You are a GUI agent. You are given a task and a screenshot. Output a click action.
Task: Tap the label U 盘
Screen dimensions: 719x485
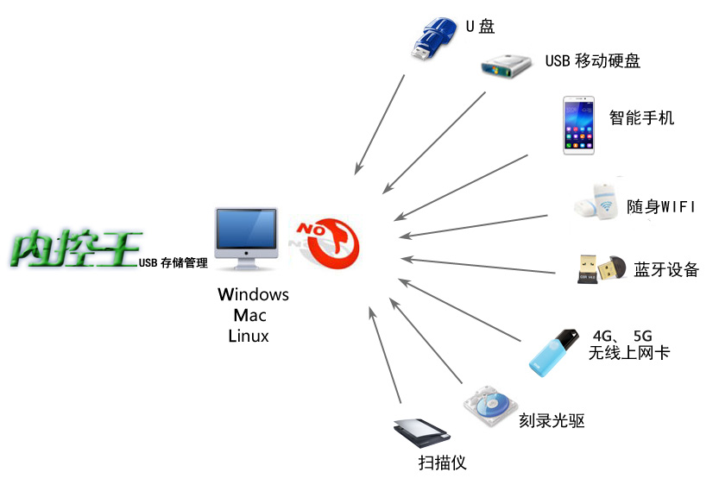pos(480,27)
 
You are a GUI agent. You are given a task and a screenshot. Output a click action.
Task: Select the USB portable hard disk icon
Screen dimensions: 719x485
pos(506,66)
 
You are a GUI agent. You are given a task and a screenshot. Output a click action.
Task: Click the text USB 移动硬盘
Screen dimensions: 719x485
pos(592,60)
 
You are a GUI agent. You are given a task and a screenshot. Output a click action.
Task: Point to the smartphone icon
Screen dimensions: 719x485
pos(578,125)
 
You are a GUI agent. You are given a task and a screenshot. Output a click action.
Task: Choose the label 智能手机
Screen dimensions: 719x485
pos(641,118)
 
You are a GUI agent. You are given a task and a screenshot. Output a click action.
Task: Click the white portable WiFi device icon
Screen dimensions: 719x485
pos(596,202)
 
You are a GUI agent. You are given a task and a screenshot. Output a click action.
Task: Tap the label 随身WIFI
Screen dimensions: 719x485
pos(661,207)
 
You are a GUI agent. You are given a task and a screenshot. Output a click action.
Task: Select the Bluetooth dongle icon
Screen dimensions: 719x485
pos(602,268)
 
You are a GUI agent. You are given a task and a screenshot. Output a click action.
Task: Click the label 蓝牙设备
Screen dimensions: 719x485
pos(666,269)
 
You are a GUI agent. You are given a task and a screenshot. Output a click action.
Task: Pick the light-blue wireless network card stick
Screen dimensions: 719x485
pos(553,352)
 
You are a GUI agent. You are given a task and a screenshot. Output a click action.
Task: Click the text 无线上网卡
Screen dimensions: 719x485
pos(628,352)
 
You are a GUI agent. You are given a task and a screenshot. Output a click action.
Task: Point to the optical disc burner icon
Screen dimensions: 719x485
pos(490,406)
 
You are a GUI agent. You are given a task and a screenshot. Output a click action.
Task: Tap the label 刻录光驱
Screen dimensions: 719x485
pos(552,420)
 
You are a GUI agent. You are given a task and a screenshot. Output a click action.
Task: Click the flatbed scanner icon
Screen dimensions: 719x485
pos(422,432)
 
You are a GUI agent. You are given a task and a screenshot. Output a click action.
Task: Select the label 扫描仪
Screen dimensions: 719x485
pos(442,463)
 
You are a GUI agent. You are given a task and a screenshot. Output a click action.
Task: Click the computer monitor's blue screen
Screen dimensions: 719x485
pos(246,229)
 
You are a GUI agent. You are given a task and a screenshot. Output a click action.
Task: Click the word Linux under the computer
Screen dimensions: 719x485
pos(249,336)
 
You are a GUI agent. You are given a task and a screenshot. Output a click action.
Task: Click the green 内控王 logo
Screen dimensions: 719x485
pos(76,248)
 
